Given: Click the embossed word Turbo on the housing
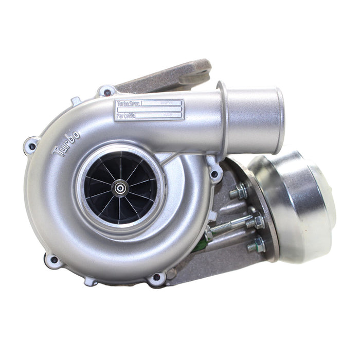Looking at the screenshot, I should (67, 143).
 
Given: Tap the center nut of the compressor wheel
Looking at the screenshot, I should (120, 189).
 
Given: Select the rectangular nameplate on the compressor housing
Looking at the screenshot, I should (149, 110).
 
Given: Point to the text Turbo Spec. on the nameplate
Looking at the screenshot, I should (129, 104).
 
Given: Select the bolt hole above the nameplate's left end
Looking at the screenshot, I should (106, 93).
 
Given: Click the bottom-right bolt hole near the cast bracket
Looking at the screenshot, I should (156, 279).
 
